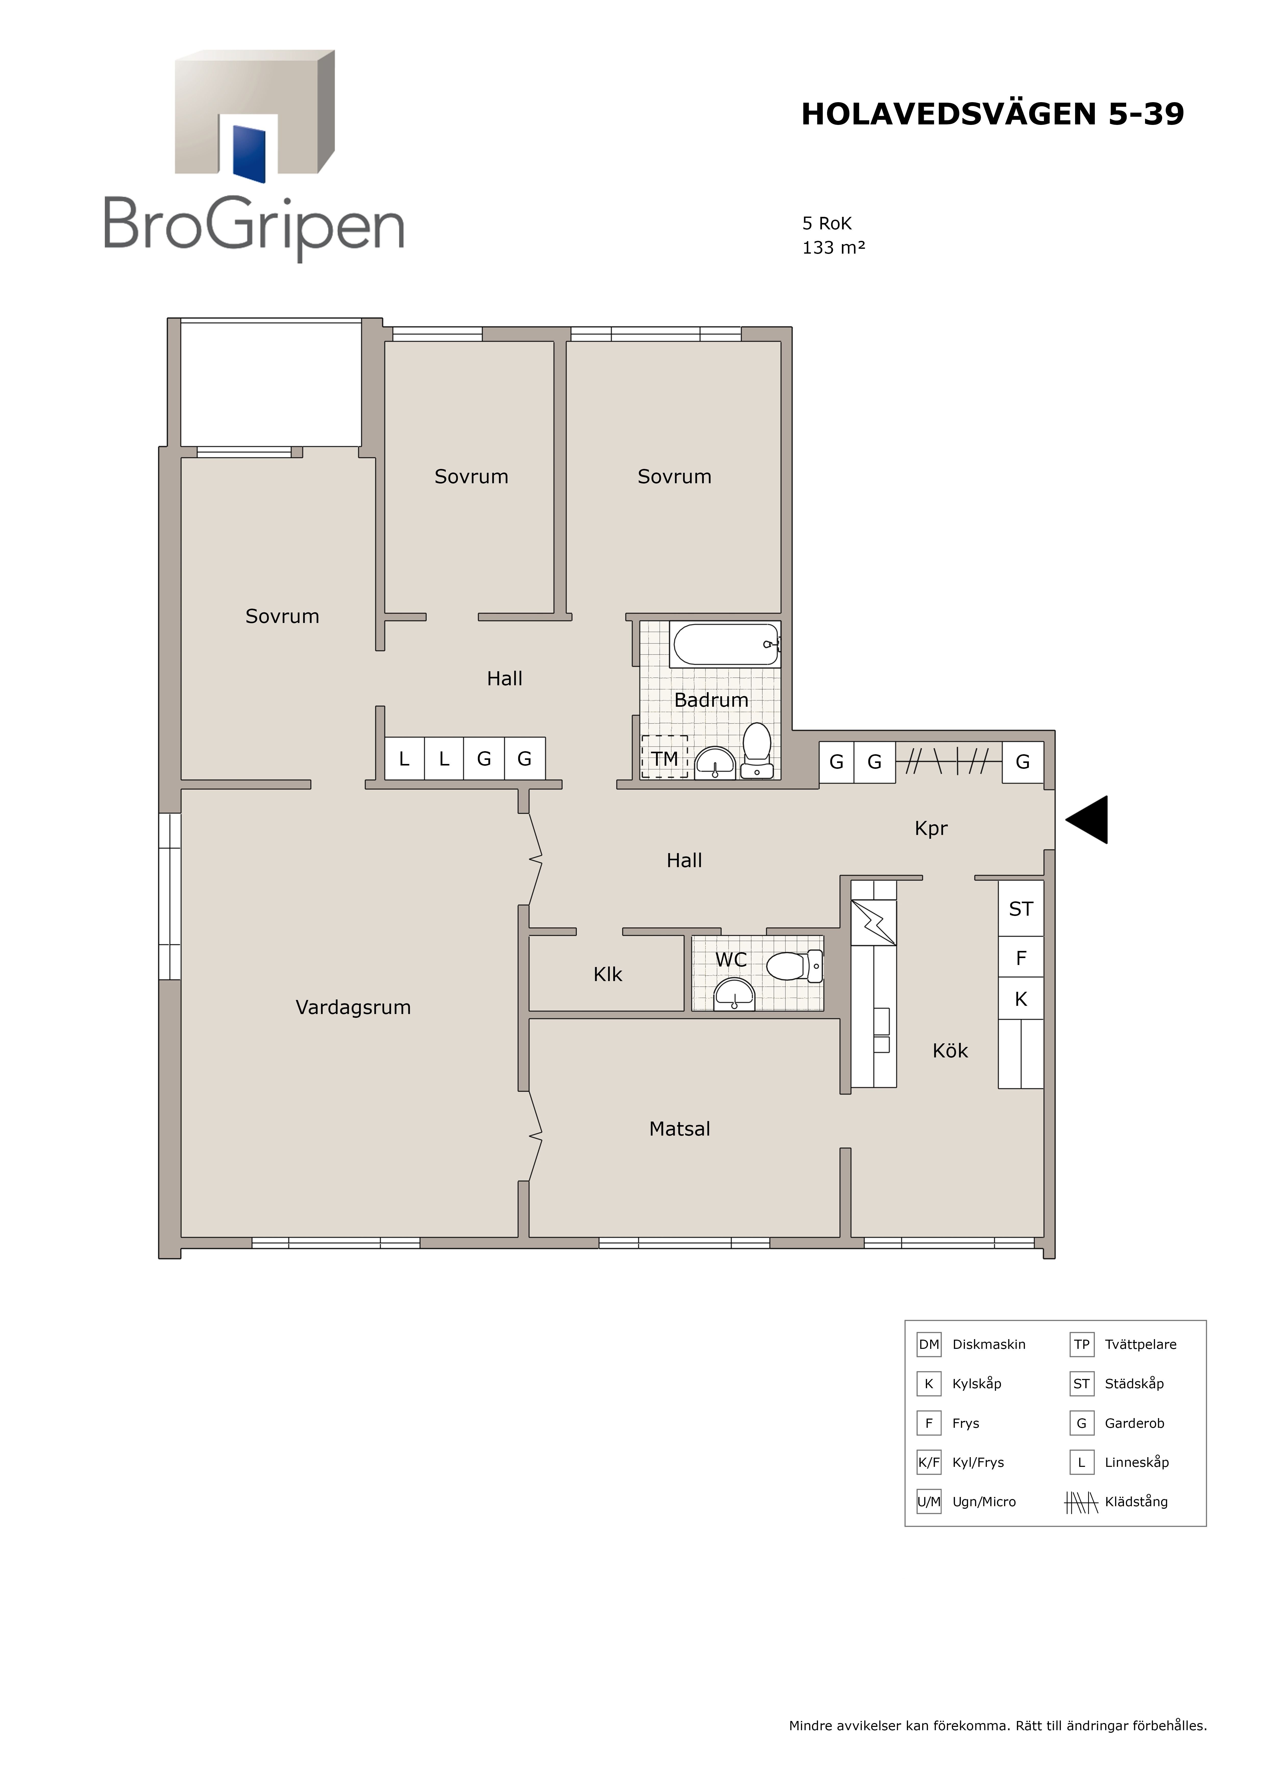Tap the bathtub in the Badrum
point(725,644)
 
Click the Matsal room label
point(679,1129)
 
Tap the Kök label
point(950,1051)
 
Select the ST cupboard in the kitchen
point(1021,909)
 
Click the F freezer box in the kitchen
point(1021,957)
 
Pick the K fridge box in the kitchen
point(1021,998)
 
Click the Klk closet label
point(608,974)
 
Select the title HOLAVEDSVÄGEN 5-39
point(992,114)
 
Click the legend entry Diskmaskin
point(988,1345)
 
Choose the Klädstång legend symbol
point(1081,1502)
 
